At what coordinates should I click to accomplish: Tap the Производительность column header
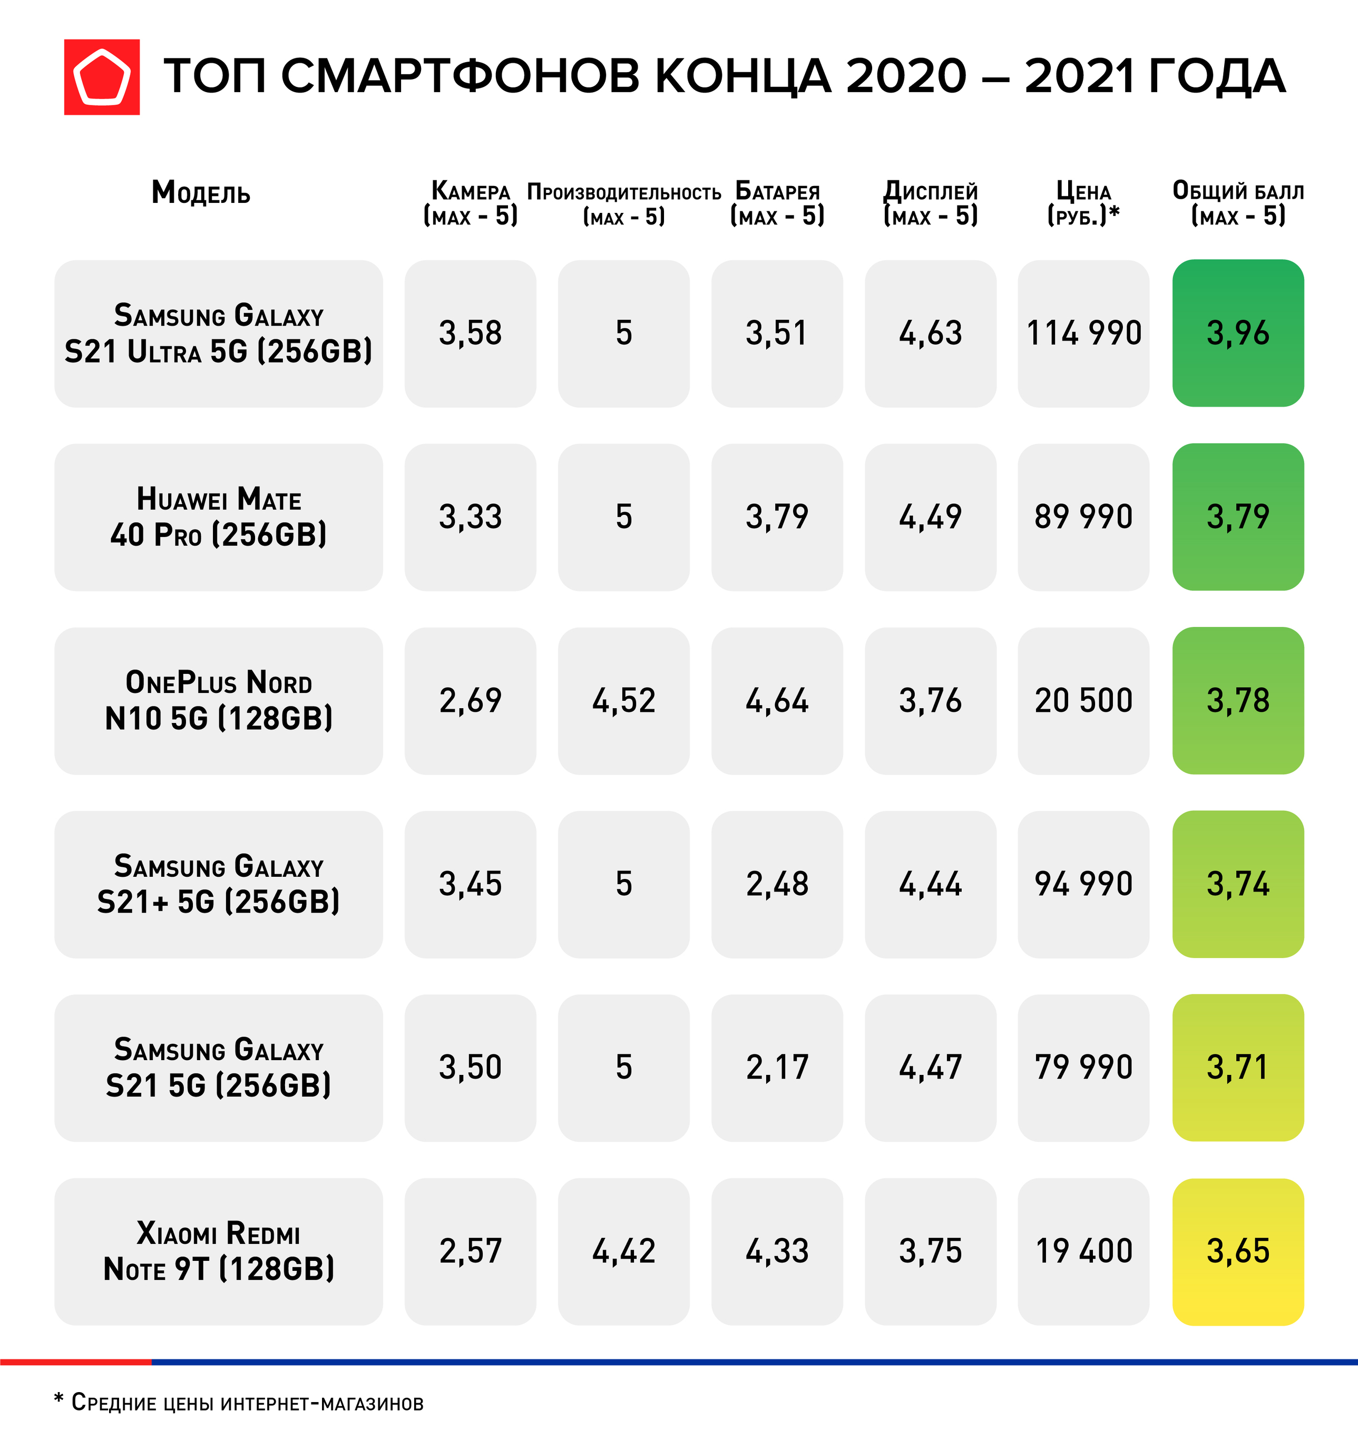[624, 203]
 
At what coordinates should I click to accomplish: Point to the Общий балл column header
[1238, 203]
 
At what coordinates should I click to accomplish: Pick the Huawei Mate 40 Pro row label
[219, 517]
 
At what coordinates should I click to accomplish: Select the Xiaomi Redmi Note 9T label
[219, 1251]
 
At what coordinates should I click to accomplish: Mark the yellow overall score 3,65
[1238, 1251]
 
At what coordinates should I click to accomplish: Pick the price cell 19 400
[1083, 1251]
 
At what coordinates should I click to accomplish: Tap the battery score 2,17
[777, 1068]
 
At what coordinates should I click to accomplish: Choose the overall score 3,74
[1238, 884]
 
